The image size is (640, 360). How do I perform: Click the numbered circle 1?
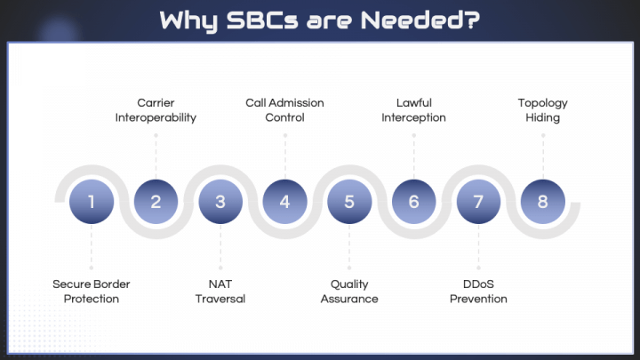(x=92, y=202)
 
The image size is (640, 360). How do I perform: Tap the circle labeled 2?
(x=156, y=202)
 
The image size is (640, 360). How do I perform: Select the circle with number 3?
(x=220, y=202)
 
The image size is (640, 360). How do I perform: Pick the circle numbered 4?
(x=284, y=202)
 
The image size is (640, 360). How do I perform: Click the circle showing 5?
(x=349, y=202)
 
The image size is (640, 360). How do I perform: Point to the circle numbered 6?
(x=413, y=202)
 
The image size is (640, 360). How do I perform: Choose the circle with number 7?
(x=478, y=202)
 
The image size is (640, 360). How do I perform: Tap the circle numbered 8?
(x=542, y=202)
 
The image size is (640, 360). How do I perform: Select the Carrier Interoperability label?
(x=156, y=110)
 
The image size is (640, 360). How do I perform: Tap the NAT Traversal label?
(x=220, y=292)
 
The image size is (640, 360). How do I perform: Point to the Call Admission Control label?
(x=284, y=110)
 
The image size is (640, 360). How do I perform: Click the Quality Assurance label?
(x=349, y=292)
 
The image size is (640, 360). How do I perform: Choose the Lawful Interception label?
(x=413, y=110)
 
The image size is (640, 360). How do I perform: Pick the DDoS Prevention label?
(x=478, y=292)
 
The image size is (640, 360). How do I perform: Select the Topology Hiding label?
(x=542, y=110)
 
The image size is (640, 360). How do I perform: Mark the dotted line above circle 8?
(x=542, y=153)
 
